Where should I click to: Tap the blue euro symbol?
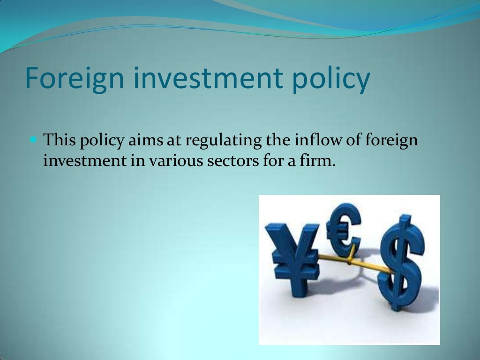point(345,228)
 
